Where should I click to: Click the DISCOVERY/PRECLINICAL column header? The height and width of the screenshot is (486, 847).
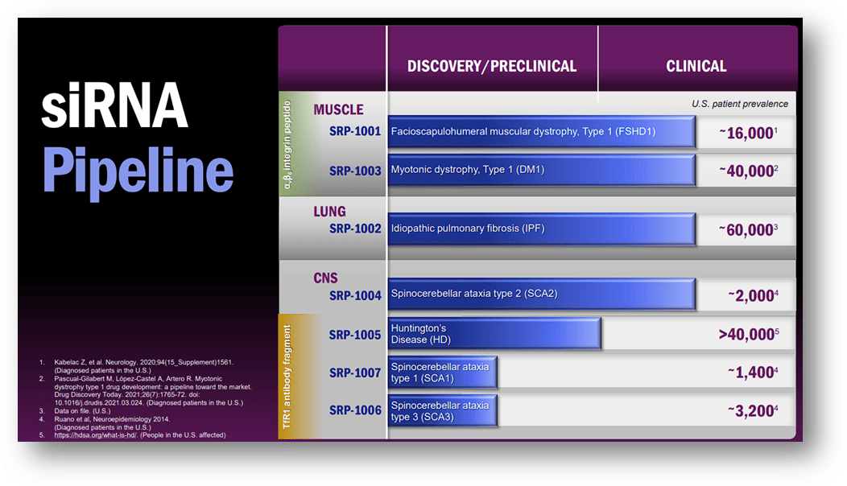tap(492, 66)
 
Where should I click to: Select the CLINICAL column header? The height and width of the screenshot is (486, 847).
tap(696, 66)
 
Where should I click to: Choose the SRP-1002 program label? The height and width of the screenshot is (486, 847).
tap(355, 229)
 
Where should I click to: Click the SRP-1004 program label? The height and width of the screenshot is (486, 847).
tap(355, 295)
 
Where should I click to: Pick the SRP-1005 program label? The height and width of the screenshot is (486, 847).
tap(355, 335)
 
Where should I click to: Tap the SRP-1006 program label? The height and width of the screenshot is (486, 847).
tap(355, 410)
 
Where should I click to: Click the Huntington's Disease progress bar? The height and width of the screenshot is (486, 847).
tap(494, 333)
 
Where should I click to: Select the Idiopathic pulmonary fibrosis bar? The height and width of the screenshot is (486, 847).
tap(541, 229)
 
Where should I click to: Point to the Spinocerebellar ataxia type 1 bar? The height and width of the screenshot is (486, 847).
tap(443, 372)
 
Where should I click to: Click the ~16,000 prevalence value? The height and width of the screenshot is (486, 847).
tap(748, 133)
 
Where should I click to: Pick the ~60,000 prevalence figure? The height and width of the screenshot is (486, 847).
tap(748, 230)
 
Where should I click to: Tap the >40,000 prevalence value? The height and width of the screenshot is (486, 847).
tap(749, 334)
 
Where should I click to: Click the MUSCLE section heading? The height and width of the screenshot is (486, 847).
tap(338, 109)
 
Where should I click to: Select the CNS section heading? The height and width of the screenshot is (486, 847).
tap(325, 278)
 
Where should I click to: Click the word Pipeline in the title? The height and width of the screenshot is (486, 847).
tap(138, 171)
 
